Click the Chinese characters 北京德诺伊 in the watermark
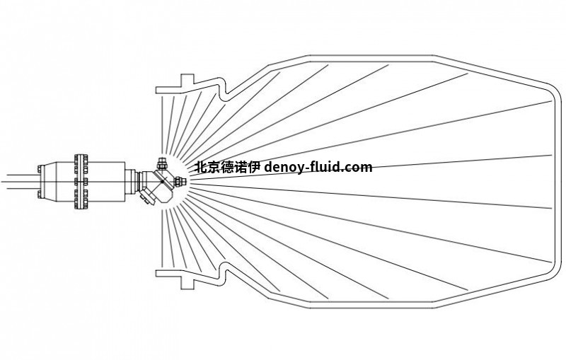pyautogui.click(x=227, y=168)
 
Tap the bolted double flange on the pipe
pyautogui.click(x=81, y=182)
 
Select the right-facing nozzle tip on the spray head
pyautogui.click(x=179, y=181)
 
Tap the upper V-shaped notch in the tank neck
pyautogui.click(x=222, y=93)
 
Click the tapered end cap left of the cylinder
pyautogui.click(x=42, y=182)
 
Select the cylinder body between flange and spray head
pyautogui.click(x=106, y=182)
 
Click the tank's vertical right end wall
pyautogui.click(x=558, y=182)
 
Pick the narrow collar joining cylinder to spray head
pyautogui.click(x=132, y=182)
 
